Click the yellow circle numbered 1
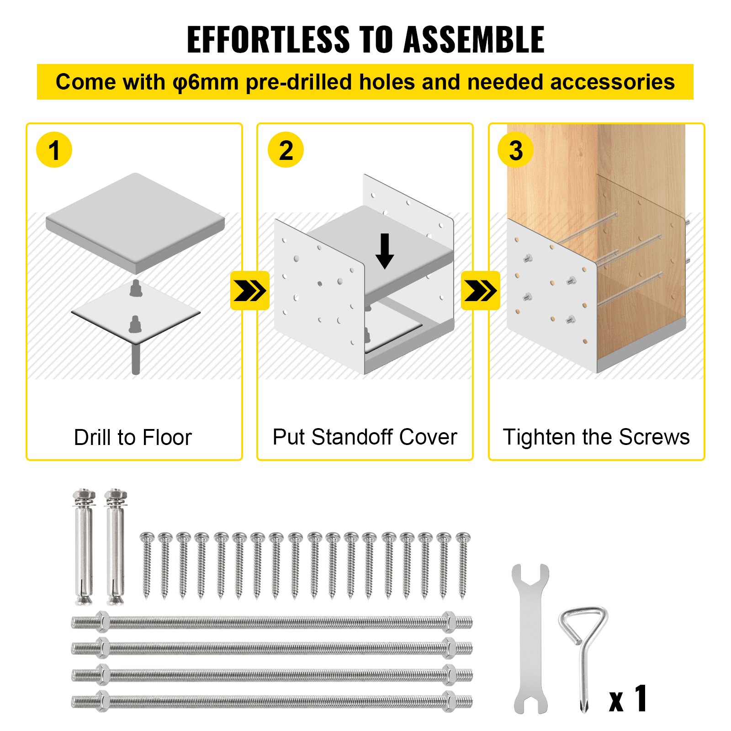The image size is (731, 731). click(x=54, y=150)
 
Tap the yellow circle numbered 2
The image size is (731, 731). click(x=286, y=150)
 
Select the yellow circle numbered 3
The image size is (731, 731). click(x=515, y=150)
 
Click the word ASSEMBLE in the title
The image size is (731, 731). click(x=474, y=40)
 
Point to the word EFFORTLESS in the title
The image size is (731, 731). click(x=268, y=40)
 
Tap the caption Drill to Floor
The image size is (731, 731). click(x=133, y=437)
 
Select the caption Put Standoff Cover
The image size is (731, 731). click(x=365, y=437)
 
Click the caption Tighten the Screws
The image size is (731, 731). click(x=596, y=437)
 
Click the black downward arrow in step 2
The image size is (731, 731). click(x=385, y=251)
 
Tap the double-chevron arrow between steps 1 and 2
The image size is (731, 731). click(x=249, y=291)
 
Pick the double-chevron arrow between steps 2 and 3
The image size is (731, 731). click(x=480, y=291)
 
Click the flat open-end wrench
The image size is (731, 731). click(x=530, y=640)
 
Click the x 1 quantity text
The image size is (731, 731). click(x=629, y=699)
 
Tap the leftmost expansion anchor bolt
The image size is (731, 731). click(x=84, y=547)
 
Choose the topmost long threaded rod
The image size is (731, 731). click(x=272, y=622)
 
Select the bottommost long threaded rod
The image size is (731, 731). click(x=272, y=701)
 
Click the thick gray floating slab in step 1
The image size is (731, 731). click(x=135, y=222)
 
